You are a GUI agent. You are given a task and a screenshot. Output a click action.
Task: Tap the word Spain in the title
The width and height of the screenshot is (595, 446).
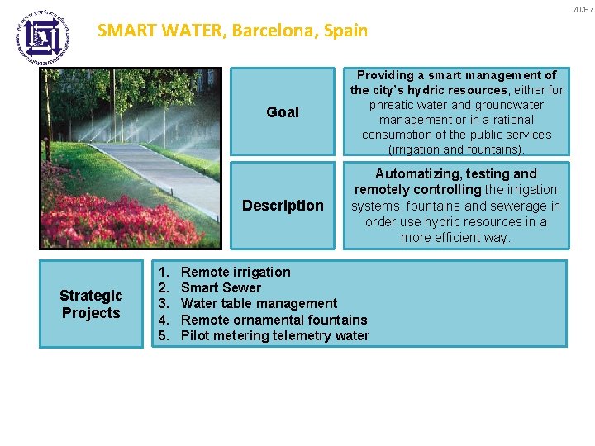(347, 31)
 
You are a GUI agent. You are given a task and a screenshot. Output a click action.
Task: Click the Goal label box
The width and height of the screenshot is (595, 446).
(283, 112)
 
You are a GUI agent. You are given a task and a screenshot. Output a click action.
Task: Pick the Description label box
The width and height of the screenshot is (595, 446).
(283, 206)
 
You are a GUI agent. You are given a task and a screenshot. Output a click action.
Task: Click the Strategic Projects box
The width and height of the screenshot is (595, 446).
(91, 304)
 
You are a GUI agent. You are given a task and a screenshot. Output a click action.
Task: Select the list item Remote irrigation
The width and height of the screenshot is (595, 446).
(236, 272)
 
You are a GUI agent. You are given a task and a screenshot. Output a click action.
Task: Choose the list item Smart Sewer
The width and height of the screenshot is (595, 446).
(221, 287)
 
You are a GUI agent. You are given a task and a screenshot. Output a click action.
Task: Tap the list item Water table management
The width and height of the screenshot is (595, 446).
(259, 303)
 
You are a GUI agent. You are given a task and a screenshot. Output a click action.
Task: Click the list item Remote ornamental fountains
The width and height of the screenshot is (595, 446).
(274, 320)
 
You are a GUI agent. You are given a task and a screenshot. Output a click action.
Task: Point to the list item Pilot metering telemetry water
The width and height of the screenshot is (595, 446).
(274, 335)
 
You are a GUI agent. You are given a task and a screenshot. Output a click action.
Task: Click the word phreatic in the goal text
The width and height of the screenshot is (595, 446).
(393, 105)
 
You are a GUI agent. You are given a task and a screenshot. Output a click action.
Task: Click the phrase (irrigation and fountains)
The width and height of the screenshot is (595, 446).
(456, 149)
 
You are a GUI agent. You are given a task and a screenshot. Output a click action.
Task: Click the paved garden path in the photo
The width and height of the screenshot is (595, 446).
(157, 173)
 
